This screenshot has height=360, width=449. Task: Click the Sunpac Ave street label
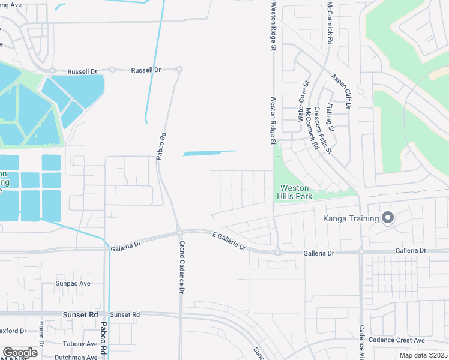73,283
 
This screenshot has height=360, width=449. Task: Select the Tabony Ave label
83,344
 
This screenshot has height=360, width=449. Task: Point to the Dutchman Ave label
76,358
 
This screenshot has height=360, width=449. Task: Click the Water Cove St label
303,102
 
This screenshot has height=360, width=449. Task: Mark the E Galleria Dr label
229,241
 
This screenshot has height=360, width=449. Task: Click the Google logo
20,353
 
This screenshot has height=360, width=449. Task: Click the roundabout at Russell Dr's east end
179,70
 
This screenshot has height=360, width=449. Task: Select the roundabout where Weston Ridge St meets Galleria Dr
277,253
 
